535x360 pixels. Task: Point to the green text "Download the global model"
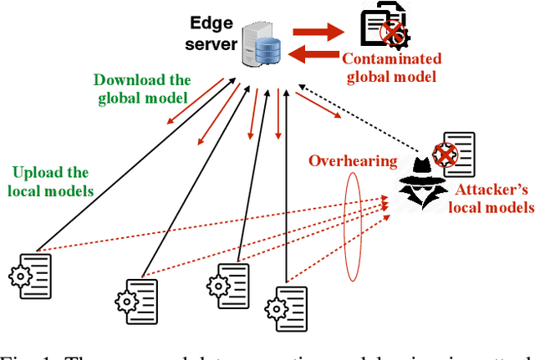[x=142, y=89]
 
